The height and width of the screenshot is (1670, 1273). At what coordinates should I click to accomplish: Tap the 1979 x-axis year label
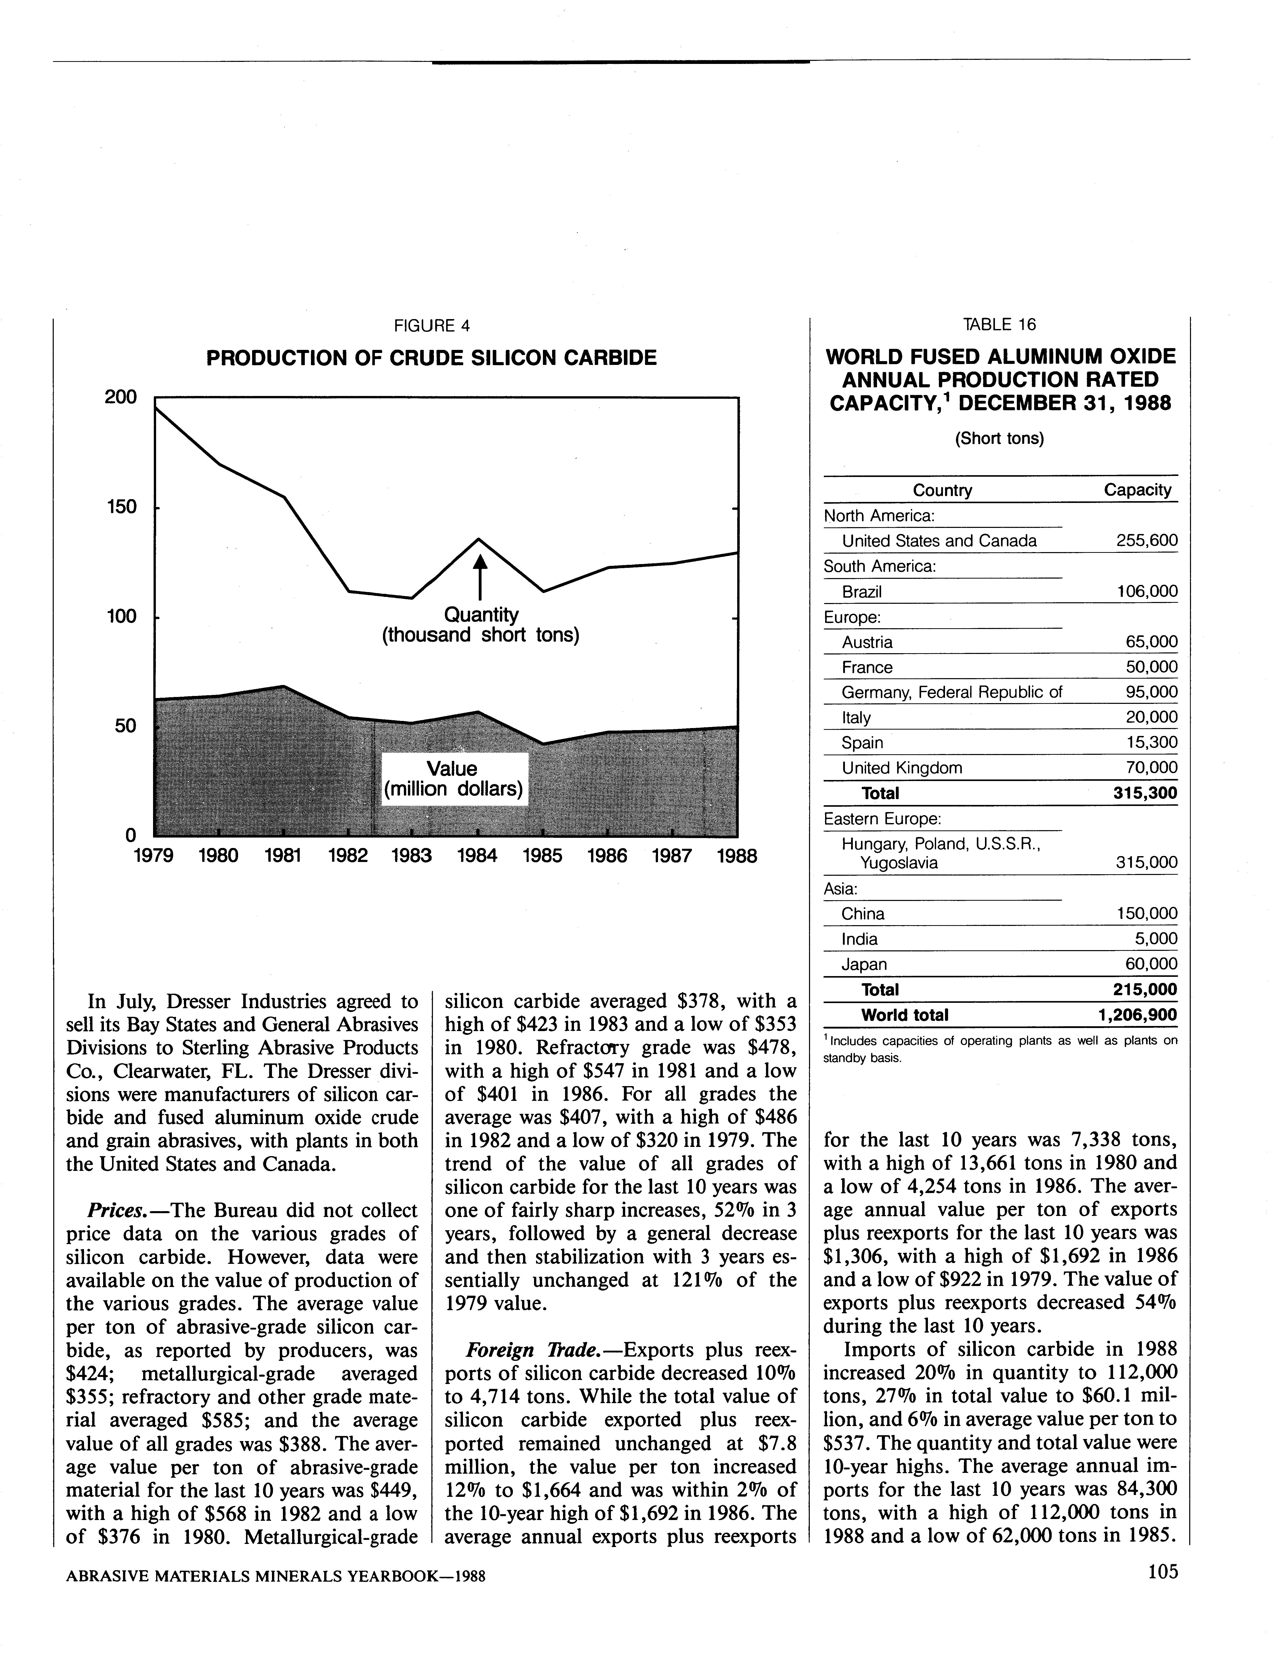pos(153,856)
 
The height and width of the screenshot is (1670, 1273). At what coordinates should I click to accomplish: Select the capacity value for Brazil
pos(1147,592)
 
